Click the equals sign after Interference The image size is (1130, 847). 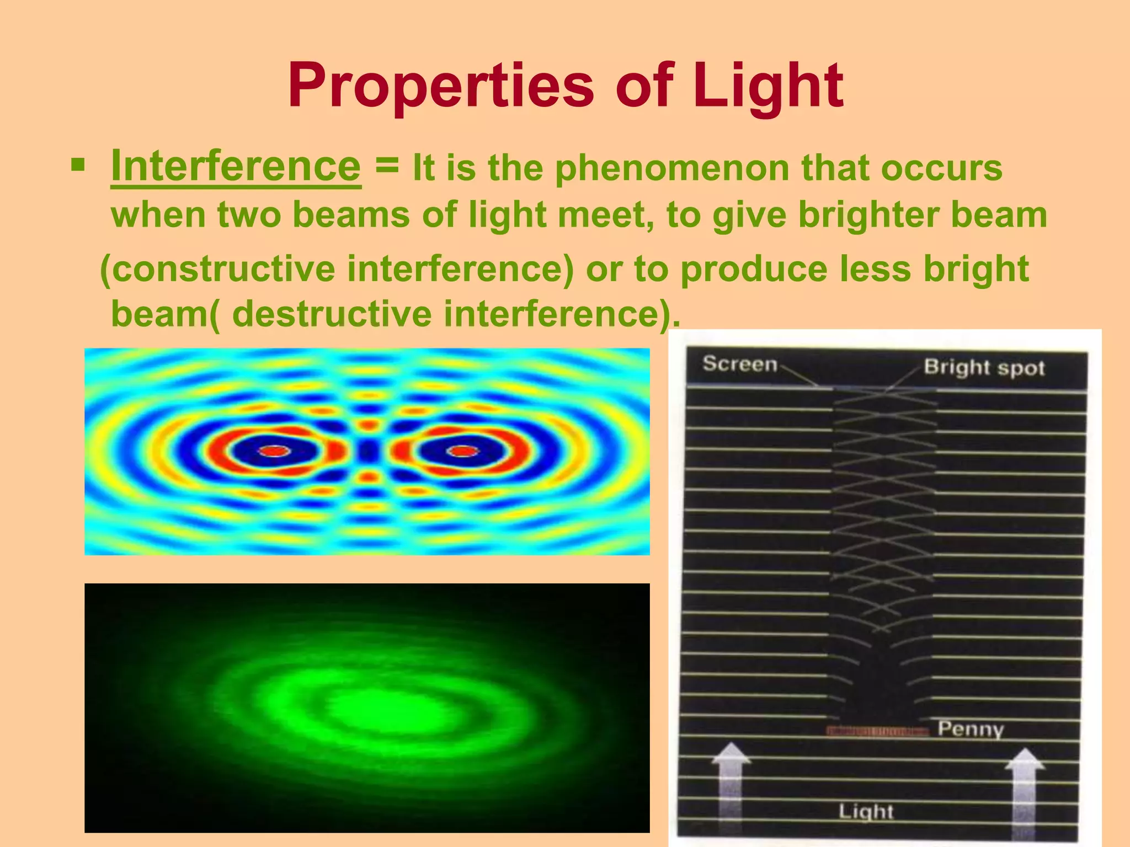coord(386,165)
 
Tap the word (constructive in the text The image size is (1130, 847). coord(217,269)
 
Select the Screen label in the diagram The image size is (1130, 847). coord(739,364)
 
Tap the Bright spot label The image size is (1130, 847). coord(984,367)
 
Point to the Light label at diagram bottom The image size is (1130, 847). coord(865,811)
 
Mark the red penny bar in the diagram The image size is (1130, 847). coord(877,731)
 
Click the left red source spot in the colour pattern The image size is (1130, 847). coord(275,451)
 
